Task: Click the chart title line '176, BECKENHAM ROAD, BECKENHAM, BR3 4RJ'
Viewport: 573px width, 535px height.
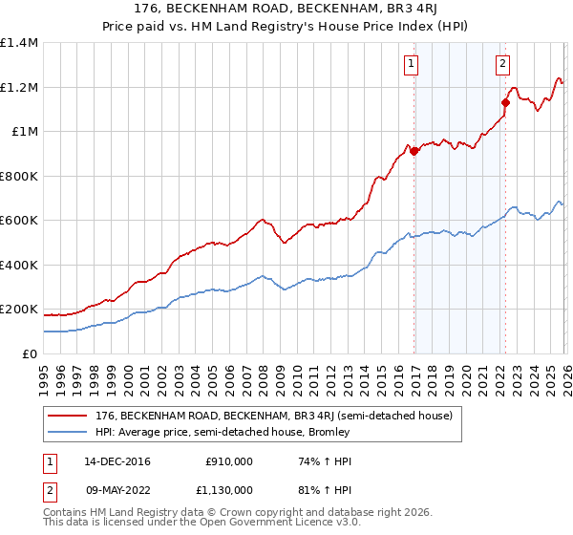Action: point(286,11)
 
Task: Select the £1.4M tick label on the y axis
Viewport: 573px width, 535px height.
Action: point(19,43)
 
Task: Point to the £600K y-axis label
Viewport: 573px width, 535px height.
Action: point(19,221)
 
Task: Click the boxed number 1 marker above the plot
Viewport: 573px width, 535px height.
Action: point(411,64)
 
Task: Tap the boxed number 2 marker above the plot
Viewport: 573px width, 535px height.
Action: point(502,64)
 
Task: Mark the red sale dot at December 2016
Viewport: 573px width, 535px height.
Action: point(414,150)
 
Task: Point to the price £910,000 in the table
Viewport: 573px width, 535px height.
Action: point(228,461)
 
